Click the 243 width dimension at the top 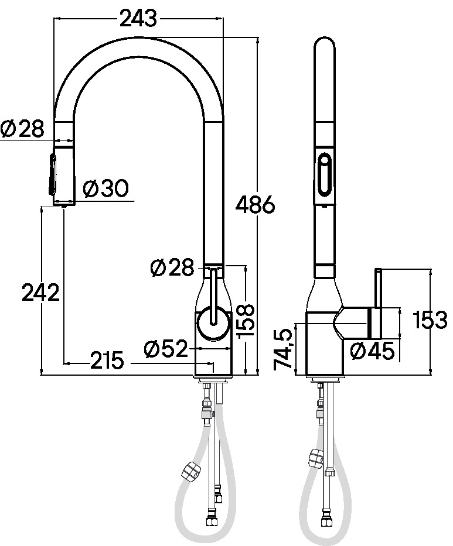tap(138, 19)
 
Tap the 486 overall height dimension tap(256, 205)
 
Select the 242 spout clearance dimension tap(41, 293)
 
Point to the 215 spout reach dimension tap(107, 360)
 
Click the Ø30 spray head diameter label tap(106, 189)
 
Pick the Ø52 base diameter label tap(166, 349)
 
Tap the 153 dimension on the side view tap(430, 320)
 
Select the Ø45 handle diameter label tap(372, 351)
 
